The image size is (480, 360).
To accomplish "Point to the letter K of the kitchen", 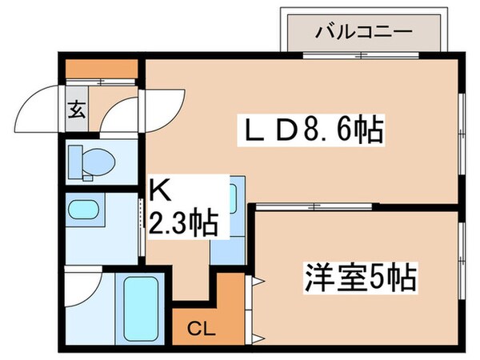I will point(158,193).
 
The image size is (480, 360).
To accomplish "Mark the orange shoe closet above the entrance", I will point(102,70).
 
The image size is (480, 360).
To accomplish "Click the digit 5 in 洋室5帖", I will point(382,278).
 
